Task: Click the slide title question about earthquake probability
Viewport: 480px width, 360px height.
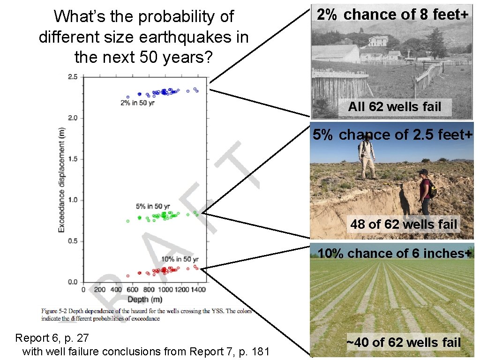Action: (x=143, y=37)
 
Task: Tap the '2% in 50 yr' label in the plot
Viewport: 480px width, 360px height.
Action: (x=137, y=103)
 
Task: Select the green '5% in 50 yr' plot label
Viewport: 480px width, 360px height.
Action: (x=153, y=206)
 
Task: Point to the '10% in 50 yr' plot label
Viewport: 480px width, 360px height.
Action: (x=180, y=259)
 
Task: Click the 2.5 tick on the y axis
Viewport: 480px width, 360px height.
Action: (x=73, y=76)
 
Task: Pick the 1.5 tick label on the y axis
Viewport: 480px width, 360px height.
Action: (x=73, y=159)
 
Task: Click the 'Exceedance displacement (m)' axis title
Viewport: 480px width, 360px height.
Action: (x=61, y=180)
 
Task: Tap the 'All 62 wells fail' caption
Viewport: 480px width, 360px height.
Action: (x=395, y=107)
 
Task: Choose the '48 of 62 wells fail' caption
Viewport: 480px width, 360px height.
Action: (x=404, y=224)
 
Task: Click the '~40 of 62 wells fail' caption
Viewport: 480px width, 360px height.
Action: (x=404, y=343)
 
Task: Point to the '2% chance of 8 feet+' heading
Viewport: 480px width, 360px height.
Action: (x=392, y=15)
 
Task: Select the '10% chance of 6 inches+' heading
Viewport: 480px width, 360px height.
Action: (x=394, y=254)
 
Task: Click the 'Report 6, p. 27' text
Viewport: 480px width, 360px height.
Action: (x=52, y=337)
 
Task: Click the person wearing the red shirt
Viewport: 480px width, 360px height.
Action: (x=425, y=192)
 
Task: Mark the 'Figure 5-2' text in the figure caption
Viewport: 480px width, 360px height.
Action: (x=55, y=311)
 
